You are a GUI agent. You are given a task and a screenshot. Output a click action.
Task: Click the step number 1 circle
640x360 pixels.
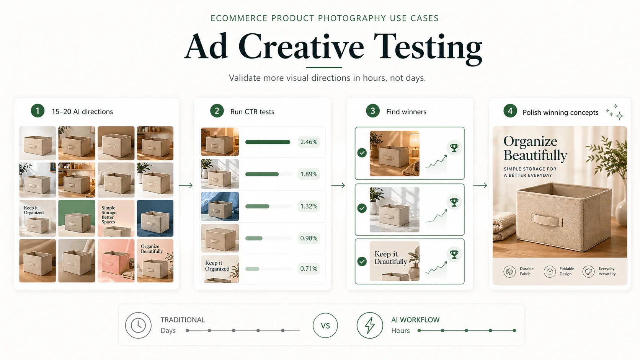coord(38,111)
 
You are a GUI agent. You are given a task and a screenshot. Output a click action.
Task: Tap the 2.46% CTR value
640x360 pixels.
coord(309,142)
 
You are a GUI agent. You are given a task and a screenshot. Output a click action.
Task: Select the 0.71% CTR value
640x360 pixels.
coord(309,269)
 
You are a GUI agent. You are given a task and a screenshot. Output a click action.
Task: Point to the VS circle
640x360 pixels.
coord(325,326)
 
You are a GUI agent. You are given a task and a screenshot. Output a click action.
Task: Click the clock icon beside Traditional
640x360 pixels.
coord(138,326)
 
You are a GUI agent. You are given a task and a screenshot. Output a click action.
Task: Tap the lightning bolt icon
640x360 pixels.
coord(370,326)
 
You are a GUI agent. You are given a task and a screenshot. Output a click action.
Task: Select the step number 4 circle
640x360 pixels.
coord(510,111)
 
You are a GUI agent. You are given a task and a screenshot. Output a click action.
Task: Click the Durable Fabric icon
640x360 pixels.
coord(509,272)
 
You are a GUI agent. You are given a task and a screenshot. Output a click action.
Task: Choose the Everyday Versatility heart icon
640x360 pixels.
coord(588,272)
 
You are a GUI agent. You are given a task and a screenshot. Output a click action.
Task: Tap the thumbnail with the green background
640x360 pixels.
coord(77,218)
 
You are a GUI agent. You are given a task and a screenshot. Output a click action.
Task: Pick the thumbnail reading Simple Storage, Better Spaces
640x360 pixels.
coord(116,218)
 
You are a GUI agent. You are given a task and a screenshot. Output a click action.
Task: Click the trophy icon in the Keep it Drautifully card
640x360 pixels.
coord(454,254)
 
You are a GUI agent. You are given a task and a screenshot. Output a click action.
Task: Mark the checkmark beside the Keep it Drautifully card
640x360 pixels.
coord(362,261)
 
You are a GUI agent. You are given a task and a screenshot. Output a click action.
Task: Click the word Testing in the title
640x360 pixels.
coord(428,47)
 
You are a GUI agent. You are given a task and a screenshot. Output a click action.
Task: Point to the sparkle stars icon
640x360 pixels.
coord(615,112)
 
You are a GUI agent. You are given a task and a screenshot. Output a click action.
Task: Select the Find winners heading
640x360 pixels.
coord(406,112)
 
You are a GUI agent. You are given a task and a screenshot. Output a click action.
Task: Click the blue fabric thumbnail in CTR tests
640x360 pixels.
coord(220,206)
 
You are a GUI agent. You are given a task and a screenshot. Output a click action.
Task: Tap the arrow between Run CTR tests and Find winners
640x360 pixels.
coord(338,186)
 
